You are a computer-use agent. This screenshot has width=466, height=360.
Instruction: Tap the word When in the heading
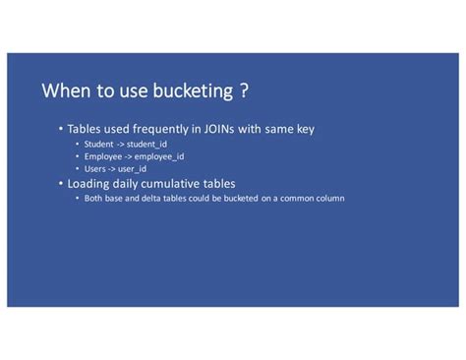click(x=67, y=91)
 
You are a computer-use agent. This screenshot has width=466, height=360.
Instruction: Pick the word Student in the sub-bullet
click(x=99, y=144)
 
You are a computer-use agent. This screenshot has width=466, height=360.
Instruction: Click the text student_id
click(x=146, y=144)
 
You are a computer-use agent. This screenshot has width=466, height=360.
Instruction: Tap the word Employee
click(x=103, y=155)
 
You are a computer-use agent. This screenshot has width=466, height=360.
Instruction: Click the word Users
click(x=95, y=168)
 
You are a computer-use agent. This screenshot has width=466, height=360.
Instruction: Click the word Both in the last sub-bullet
click(x=93, y=198)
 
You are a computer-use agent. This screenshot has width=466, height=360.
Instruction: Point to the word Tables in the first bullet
click(x=86, y=129)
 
